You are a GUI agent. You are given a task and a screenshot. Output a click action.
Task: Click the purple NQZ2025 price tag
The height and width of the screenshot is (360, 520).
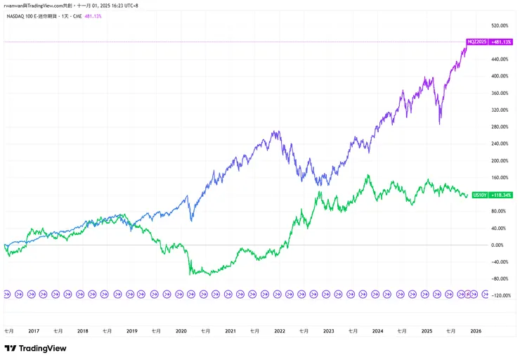click(476, 42)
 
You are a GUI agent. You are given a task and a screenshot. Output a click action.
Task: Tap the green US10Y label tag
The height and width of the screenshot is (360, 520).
click(481, 195)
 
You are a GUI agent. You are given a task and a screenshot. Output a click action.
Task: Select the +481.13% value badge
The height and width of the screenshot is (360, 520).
click(501, 42)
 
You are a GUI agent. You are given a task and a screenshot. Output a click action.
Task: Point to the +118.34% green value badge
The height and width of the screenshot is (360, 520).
click(502, 195)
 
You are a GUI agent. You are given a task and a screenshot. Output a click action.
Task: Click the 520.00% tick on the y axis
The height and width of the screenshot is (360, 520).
click(499, 25)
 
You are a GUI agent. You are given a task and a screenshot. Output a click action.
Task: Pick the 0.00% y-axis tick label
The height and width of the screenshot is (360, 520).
click(498, 245)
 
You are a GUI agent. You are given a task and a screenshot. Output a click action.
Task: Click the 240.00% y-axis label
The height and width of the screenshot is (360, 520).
click(499, 143)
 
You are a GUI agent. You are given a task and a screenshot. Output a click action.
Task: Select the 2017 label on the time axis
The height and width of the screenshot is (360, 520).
click(34, 330)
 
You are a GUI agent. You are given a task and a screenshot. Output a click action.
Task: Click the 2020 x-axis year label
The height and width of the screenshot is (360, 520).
click(181, 330)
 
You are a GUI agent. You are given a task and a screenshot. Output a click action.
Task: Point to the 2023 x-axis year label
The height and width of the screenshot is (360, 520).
click(328, 330)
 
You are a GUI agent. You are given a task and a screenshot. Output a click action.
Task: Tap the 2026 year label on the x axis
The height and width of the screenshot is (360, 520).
click(476, 330)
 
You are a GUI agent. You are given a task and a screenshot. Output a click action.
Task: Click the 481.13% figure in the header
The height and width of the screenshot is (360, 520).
click(93, 17)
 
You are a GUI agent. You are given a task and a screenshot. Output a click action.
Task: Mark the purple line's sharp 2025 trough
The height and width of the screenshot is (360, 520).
click(440, 124)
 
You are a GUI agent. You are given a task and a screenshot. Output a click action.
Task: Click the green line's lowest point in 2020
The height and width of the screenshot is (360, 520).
click(211, 274)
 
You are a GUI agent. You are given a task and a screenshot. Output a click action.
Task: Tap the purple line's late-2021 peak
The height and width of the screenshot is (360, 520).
click(276, 131)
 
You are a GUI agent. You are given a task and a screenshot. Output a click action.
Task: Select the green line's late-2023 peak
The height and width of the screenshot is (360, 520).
click(368, 176)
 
